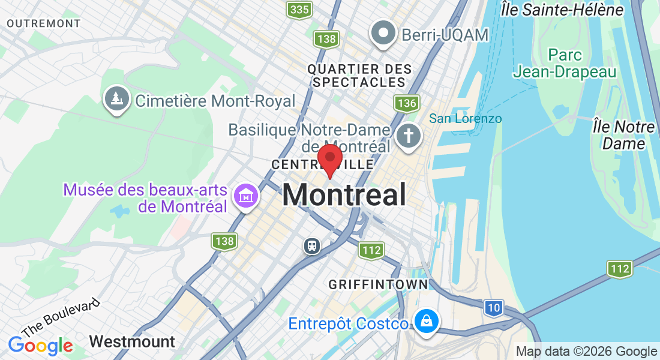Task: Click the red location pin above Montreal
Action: pyautogui.click(x=329, y=158)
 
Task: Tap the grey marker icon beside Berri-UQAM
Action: pyautogui.click(x=383, y=32)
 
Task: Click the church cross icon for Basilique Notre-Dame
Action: pyautogui.click(x=409, y=134)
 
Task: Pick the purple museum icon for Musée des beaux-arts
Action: pyautogui.click(x=246, y=196)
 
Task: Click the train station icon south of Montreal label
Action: pyautogui.click(x=312, y=245)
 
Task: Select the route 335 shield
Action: pyautogui.click(x=299, y=9)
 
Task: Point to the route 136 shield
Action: pyautogui.click(x=406, y=103)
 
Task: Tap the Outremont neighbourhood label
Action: pyautogui.click(x=44, y=23)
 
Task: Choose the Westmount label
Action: pyautogui.click(x=132, y=342)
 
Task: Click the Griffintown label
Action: pyautogui.click(x=379, y=284)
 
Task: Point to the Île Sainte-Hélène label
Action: pyautogui.click(x=572, y=10)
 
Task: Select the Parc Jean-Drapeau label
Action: pyautogui.click(x=565, y=64)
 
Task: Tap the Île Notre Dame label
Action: pyautogui.click(x=623, y=135)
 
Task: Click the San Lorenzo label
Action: pyautogui.click(x=466, y=118)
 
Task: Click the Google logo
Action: pyautogui.click(x=41, y=346)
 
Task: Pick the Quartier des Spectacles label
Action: pyautogui.click(x=360, y=76)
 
